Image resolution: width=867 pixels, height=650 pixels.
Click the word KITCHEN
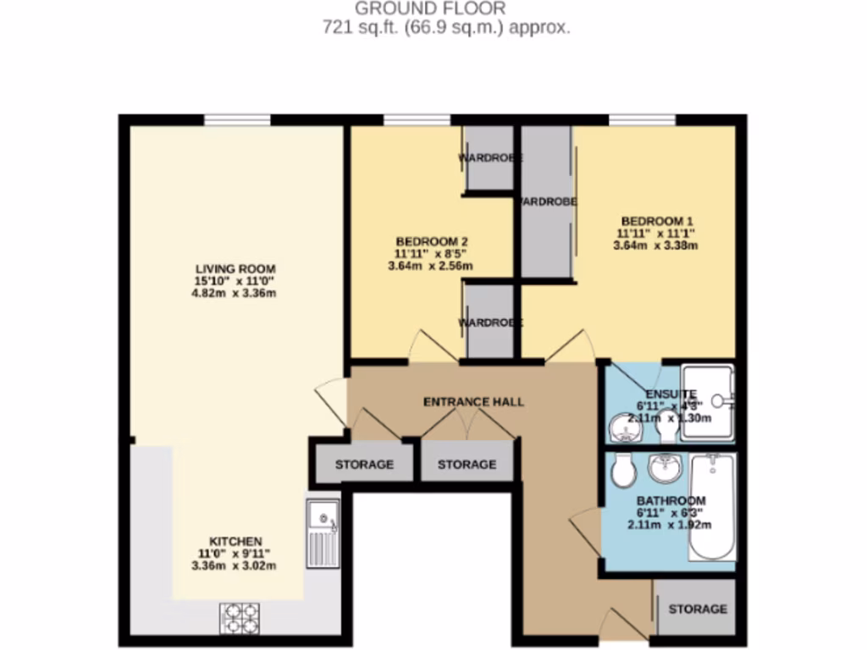pos(235,541)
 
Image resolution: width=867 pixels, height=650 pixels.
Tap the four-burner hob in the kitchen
pos(241,616)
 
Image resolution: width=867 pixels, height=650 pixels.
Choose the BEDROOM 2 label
pos(431,240)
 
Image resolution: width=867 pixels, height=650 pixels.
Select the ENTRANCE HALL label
pos(473,401)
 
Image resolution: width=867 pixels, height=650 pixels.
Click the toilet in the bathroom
pos(623,472)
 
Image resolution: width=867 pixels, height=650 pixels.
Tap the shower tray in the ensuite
pos(708,401)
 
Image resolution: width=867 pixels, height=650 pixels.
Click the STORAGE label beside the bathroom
pos(697,609)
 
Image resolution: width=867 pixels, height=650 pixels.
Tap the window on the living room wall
pos(236,120)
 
